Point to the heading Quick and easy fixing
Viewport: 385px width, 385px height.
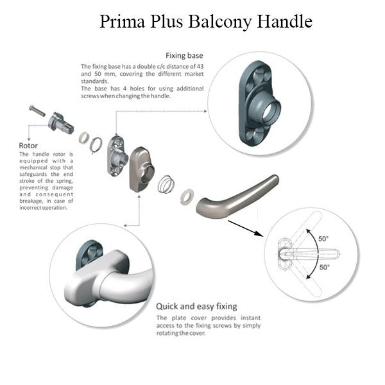[196, 306]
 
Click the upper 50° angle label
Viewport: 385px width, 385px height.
[323, 239]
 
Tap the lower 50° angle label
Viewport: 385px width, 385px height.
[323, 267]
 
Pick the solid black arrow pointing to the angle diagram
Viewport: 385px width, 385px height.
[244, 228]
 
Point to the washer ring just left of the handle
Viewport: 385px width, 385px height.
[187, 196]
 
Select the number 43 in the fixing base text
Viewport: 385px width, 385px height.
[195, 66]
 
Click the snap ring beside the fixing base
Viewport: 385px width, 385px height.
[95, 145]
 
